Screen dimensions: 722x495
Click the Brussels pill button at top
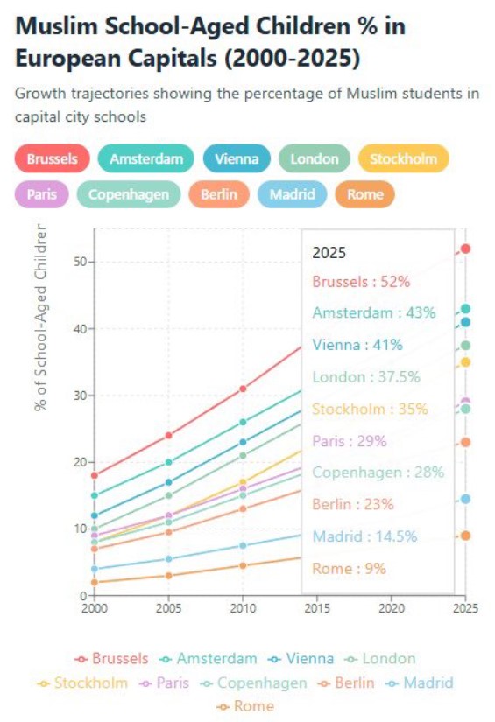(x=52, y=158)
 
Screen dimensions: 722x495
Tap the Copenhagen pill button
(x=129, y=194)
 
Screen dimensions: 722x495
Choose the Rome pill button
(x=364, y=194)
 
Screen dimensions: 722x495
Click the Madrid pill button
(x=292, y=194)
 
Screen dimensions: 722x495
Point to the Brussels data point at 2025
(x=466, y=249)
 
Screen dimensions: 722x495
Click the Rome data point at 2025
(x=466, y=536)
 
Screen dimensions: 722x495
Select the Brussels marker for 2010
(x=243, y=389)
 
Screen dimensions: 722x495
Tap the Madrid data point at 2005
(x=168, y=559)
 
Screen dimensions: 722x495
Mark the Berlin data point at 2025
(x=466, y=442)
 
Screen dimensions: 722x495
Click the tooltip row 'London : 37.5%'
(x=366, y=377)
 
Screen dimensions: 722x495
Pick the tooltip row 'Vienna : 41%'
(x=357, y=345)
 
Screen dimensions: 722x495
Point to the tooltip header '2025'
(x=329, y=253)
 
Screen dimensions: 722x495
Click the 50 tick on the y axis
(x=80, y=263)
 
